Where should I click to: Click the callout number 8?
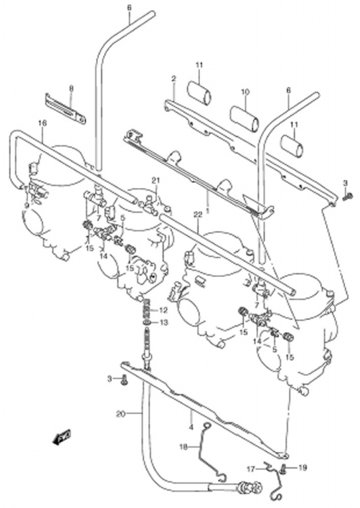[71, 88]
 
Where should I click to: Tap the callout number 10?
[245, 92]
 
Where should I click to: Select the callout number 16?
[43, 123]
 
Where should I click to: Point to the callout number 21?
[157, 180]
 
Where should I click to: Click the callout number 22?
[197, 214]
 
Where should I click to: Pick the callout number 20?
[121, 414]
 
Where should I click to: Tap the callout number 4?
[191, 427]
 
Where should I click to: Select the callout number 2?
[174, 78]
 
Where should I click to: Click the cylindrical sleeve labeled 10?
[244, 117]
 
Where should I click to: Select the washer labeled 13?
[147, 323]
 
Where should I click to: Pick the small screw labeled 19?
[284, 468]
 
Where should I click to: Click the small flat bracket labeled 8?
[65, 109]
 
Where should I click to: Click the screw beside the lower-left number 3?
[124, 379]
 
